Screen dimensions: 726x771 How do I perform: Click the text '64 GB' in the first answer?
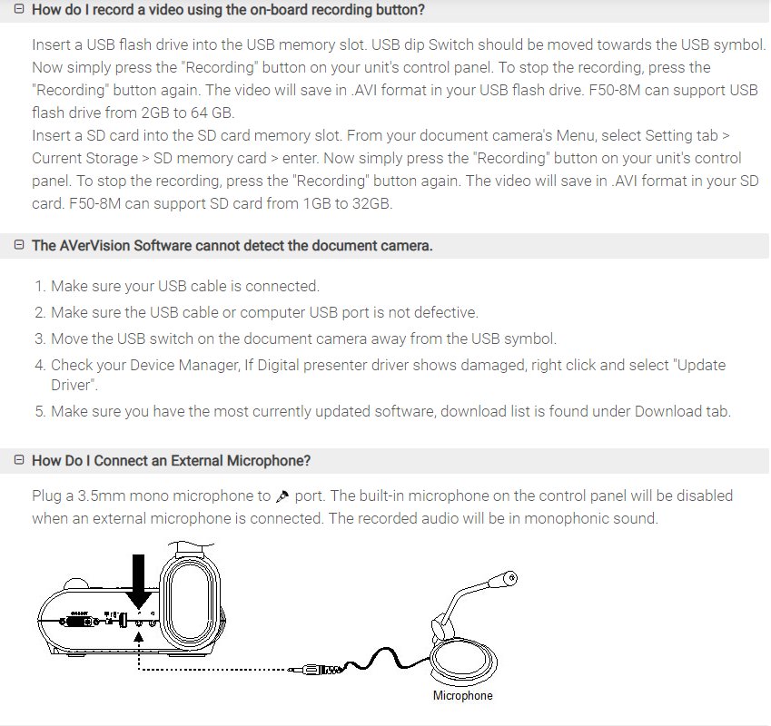click(x=210, y=113)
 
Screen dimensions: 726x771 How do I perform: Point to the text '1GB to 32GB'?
click(x=350, y=203)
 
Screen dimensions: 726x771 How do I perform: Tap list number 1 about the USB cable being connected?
click(x=40, y=287)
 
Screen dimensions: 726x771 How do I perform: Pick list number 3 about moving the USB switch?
click(x=40, y=338)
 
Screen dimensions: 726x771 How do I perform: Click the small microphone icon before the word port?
click(x=282, y=496)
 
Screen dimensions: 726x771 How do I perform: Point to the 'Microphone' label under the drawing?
click(x=462, y=696)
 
